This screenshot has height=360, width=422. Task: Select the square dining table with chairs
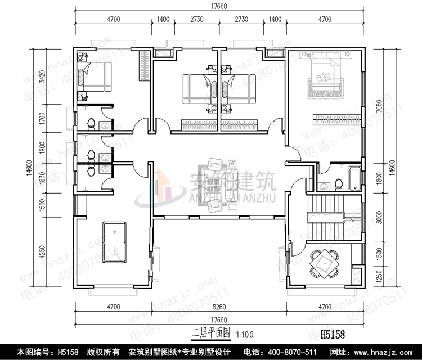click(x=325, y=263)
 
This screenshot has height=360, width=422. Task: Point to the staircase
click(x=325, y=217)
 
